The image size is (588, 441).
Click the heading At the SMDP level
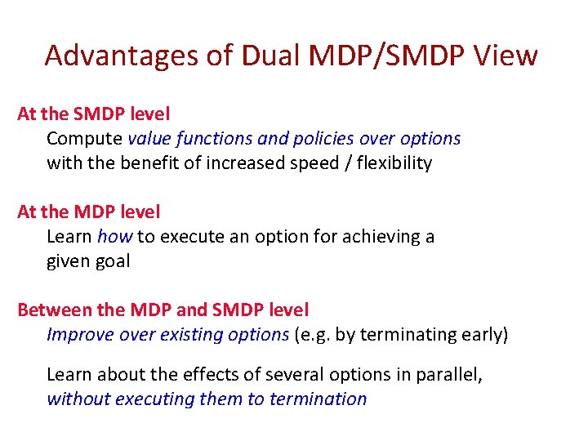(93, 114)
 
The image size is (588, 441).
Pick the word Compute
(84, 139)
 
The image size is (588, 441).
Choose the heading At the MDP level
(88, 212)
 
